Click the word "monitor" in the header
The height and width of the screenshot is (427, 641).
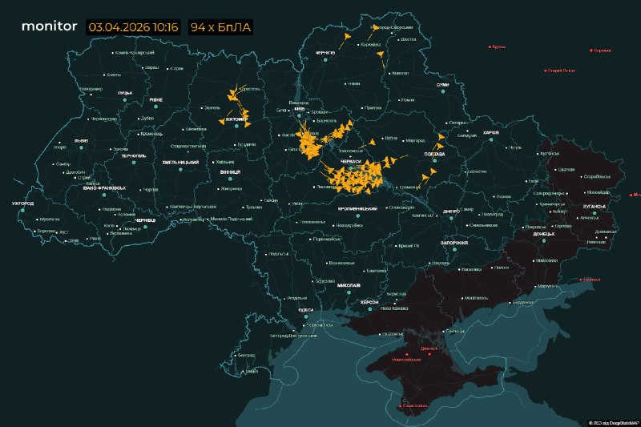(x=49, y=26)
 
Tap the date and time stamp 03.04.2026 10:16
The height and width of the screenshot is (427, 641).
(x=133, y=27)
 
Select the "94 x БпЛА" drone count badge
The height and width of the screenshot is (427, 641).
(x=220, y=27)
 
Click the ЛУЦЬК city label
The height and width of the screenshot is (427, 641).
(x=125, y=93)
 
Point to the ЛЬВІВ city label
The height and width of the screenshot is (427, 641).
(x=81, y=140)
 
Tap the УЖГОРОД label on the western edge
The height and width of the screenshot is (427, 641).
(x=22, y=203)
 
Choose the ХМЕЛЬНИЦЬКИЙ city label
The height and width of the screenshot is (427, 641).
(x=180, y=163)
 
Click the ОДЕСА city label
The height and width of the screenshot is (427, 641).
(x=305, y=309)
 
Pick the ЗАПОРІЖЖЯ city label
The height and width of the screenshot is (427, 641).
(x=454, y=242)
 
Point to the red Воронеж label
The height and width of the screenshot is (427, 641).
(x=602, y=50)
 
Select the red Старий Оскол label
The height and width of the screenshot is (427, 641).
(x=561, y=70)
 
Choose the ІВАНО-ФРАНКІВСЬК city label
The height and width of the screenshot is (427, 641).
(x=103, y=187)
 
